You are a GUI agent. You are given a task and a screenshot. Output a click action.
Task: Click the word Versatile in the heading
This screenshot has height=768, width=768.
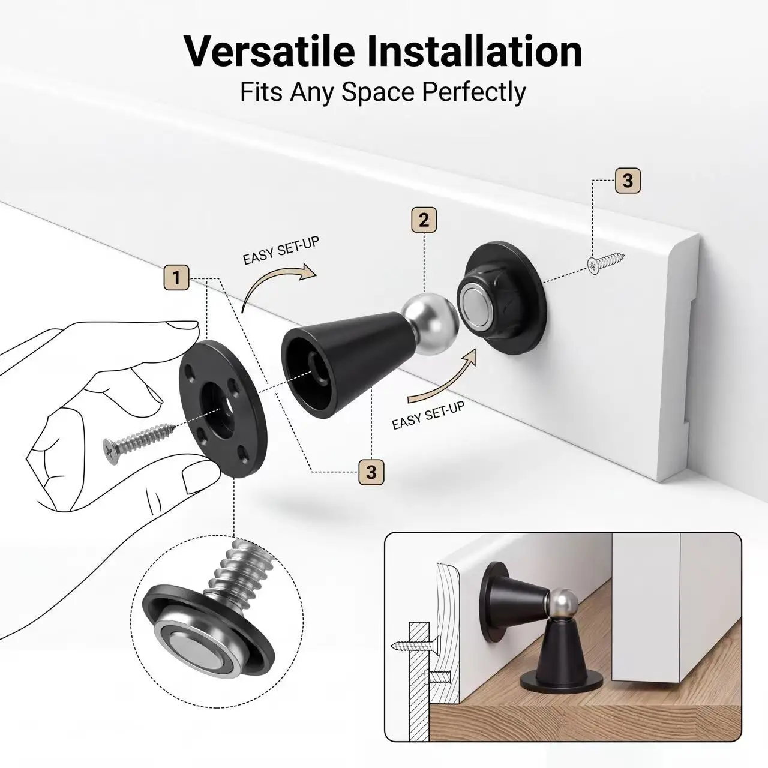270,52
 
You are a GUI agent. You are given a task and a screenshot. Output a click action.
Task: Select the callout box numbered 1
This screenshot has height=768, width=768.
176,277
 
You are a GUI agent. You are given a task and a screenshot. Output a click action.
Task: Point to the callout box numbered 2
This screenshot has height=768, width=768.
424,220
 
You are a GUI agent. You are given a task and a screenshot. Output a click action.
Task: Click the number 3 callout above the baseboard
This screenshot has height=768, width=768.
628,181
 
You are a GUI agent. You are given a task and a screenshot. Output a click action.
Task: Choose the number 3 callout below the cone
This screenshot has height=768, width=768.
371,472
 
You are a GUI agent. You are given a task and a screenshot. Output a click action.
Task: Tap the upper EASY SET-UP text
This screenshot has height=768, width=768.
281,251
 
